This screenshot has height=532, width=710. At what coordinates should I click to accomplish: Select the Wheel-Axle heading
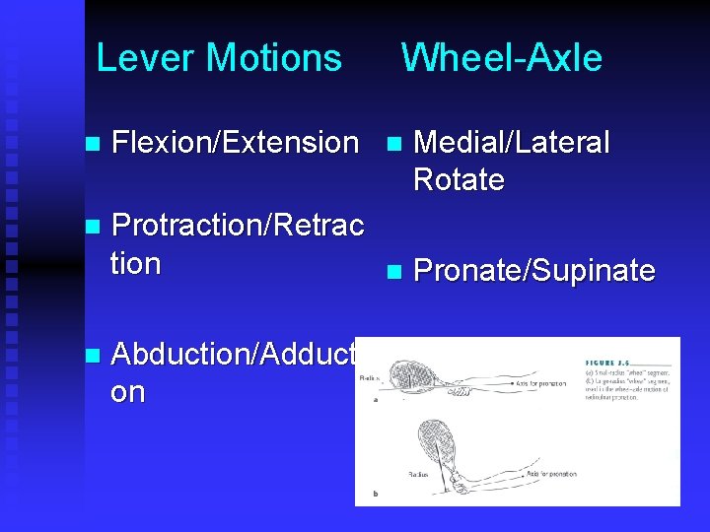[x=501, y=58]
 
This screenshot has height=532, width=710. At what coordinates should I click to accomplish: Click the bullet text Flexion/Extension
[x=236, y=143]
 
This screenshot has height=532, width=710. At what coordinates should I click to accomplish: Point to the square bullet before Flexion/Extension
[x=93, y=144]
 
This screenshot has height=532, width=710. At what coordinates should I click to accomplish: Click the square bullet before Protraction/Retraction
[x=93, y=227]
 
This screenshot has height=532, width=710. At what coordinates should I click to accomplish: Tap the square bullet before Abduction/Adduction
[x=93, y=355]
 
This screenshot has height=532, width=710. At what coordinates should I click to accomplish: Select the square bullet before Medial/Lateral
[x=394, y=144]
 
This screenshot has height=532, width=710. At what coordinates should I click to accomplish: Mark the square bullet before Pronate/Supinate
[x=394, y=271]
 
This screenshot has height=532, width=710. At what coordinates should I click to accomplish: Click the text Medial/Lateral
[x=512, y=143]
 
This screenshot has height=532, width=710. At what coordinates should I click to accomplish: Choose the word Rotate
[x=460, y=180]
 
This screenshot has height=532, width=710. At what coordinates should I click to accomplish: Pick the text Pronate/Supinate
[x=534, y=271]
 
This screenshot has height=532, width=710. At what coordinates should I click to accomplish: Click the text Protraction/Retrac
[x=238, y=226]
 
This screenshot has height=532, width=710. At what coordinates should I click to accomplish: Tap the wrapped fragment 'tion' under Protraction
[x=136, y=263]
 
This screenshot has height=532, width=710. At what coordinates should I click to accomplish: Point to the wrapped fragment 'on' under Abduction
[x=128, y=392]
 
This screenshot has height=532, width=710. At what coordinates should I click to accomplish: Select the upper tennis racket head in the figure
[x=414, y=375]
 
